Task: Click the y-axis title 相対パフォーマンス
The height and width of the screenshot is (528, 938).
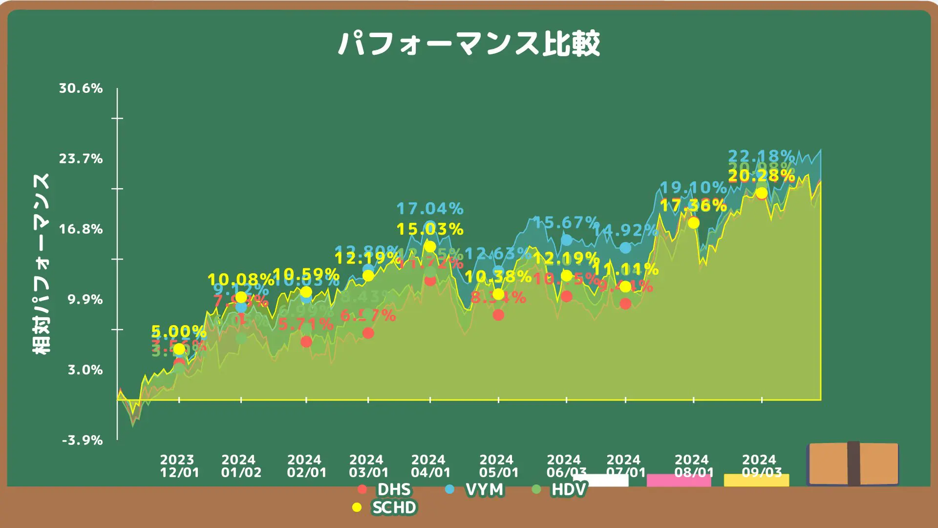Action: pyautogui.click(x=42, y=264)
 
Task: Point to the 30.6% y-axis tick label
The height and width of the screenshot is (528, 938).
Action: pyautogui.click(x=81, y=88)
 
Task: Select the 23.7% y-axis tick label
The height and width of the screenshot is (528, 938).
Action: pyautogui.click(x=81, y=159)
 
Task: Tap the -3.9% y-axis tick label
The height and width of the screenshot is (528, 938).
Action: pyautogui.click(x=83, y=440)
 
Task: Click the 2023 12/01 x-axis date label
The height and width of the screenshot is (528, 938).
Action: pyautogui.click(x=179, y=466)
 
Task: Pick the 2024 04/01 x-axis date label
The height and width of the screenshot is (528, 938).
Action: pyautogui.click(x=430, y=466)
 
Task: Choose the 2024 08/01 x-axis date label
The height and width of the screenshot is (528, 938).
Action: pyautogui.click(x=694, y=466)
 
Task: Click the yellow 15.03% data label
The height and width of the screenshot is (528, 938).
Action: pyautogui.click(x=430, y=229)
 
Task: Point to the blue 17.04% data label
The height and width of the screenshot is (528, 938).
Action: pyautogui.click(x=430, y=209)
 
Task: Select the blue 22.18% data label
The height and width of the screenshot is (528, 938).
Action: pyautogui.click(x=761, y=156)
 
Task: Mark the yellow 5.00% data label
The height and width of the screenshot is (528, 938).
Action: pyautogui.click(x=179, y=331)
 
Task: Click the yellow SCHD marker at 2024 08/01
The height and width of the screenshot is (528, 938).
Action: pyautogui.click(x=694, y=223)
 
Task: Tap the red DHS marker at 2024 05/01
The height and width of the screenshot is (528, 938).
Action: pyautogui.click(x=498, y=315)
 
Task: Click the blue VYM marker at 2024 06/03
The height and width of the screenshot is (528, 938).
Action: pyautogui.click(x=567, y=240)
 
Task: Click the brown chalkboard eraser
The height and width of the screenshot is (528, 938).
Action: pyautogui.click(x=853, y=463)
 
